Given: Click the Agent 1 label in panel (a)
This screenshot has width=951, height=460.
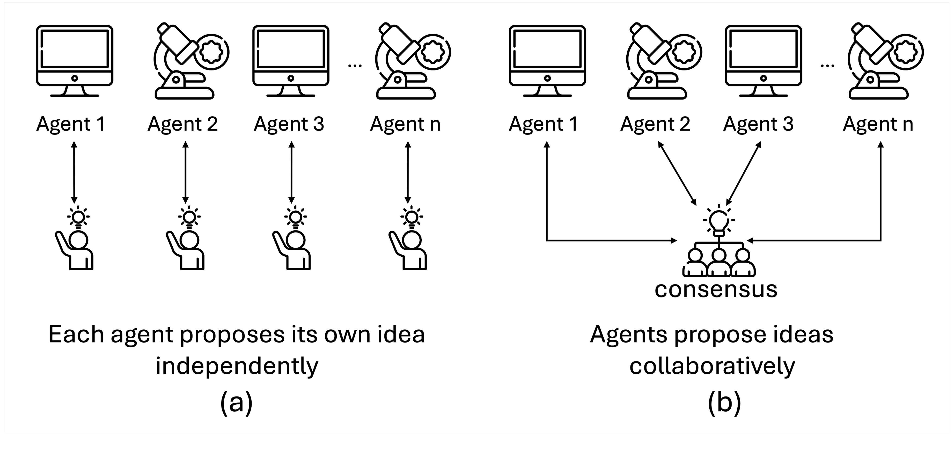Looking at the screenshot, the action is [x=71, y=124].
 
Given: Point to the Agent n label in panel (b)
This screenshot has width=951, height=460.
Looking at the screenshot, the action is [x=878, y=124].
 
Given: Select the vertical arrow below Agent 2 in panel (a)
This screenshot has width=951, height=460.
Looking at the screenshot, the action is [x=185, y=172].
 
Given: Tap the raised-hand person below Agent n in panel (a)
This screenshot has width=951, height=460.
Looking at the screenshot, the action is [x=408, y=250].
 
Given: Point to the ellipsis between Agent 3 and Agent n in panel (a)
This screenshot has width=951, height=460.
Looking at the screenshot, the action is [x=355, y=66].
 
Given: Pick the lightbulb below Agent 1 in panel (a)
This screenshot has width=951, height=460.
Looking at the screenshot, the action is [x=78, y=217].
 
